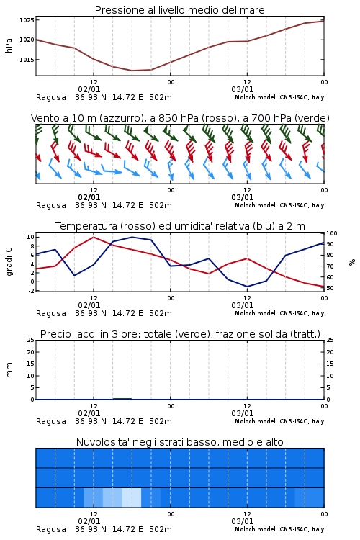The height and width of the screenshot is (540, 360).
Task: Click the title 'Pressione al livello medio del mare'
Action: tap(179, 10)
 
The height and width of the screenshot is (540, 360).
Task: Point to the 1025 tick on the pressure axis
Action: tap(27, 20)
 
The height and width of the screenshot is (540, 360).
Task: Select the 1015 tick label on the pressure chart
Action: tap(27, 60)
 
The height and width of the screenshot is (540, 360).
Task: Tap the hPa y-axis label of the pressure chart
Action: tap(9, 45)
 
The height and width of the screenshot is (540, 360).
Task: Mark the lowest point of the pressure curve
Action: tap(132, 71)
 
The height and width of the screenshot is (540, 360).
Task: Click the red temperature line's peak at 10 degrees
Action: tap(94, 237)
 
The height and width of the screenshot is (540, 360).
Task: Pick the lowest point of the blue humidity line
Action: tap(247, 287)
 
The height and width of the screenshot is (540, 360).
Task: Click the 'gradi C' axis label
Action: tap(9, 262)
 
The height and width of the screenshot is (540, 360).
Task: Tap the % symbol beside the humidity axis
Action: tap(352, 262)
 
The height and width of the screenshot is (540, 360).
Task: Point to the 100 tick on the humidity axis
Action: tap(332, 233)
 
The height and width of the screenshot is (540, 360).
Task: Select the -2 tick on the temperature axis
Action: tap(31, 291)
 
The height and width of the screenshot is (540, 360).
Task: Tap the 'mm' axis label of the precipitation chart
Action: tap(9, 370)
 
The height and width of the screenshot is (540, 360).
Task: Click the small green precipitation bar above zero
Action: tap(122, 398)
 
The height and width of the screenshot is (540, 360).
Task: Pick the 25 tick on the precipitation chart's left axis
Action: tap(31, 341)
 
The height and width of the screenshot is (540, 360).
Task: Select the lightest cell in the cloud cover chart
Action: tap(132, 498)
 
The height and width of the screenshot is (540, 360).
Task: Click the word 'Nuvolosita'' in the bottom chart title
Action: tap(102, 442)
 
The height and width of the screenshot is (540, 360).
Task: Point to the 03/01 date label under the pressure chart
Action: tap(242, 89)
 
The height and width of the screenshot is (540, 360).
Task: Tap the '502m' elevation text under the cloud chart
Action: tap(161, 529)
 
